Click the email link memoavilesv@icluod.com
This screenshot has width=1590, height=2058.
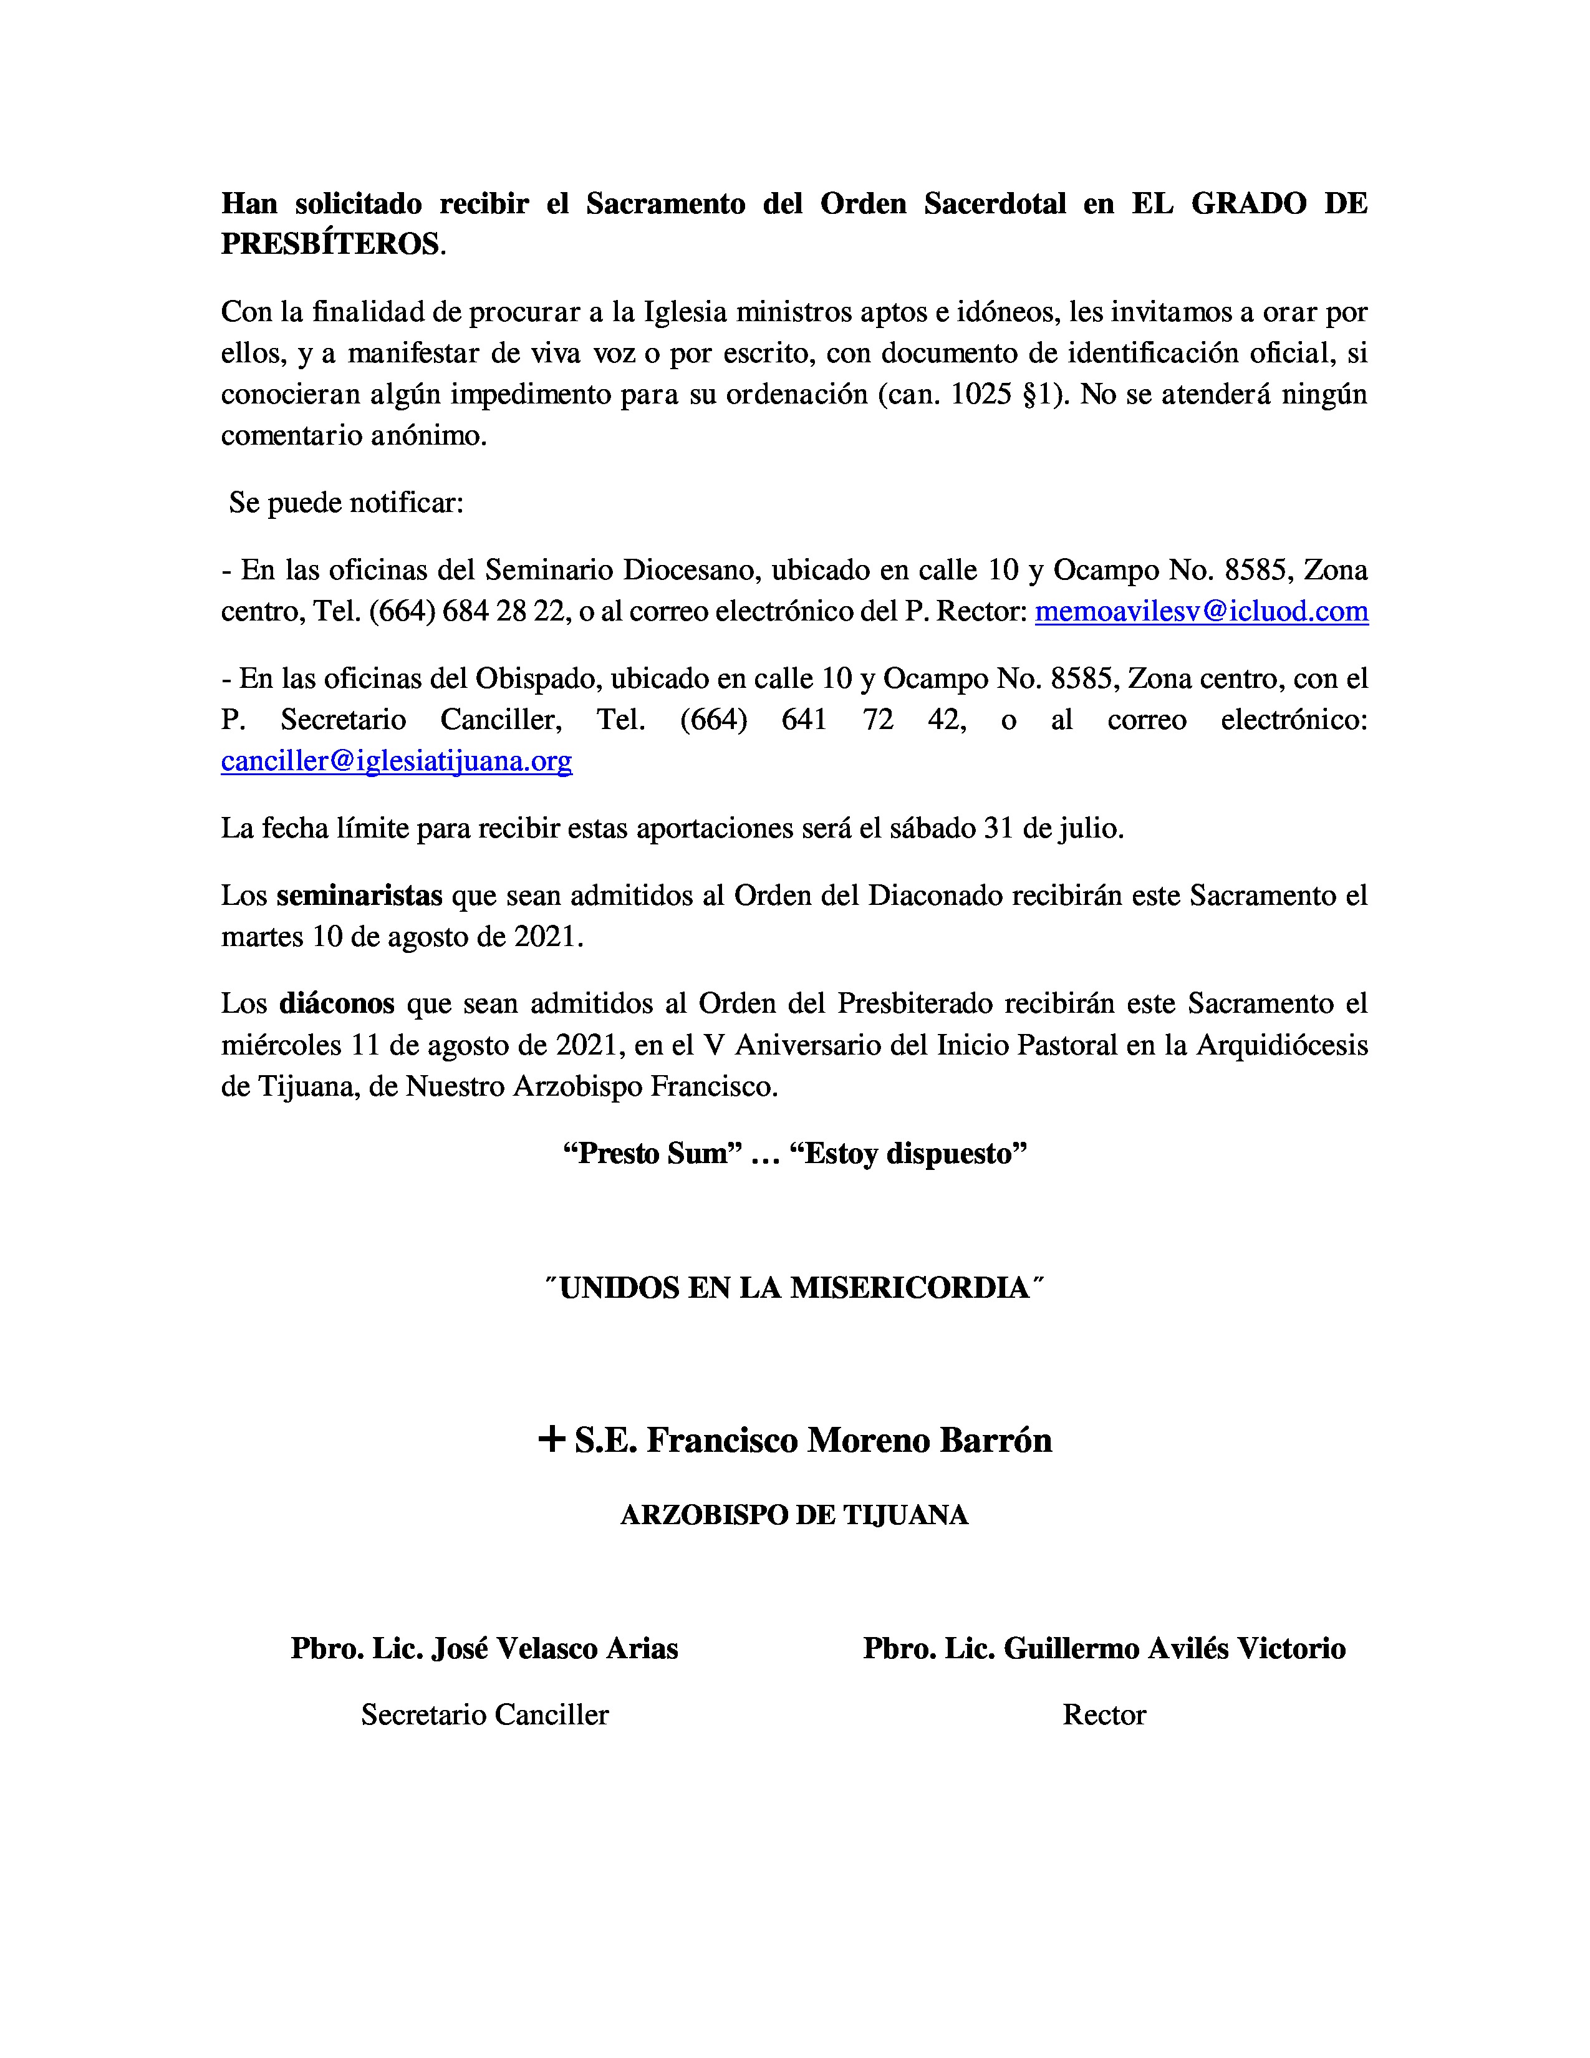click(1201, 612)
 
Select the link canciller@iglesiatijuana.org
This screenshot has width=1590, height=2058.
click(397, 760)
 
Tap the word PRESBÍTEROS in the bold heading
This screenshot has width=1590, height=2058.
click(330, 244)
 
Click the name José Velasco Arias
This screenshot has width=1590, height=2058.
click(554, 1648)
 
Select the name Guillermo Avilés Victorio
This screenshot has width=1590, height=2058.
click(1173, 1648)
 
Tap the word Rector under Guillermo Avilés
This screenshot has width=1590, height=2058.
click(1104, 1714)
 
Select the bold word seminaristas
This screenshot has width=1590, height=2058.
click(359, 895)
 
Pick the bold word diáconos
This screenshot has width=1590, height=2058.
click(336, 1003)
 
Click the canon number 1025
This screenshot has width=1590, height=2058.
click(981, 394)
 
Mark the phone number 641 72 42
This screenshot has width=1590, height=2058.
click(872, 720)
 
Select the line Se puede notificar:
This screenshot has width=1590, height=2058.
click(345, 502)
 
